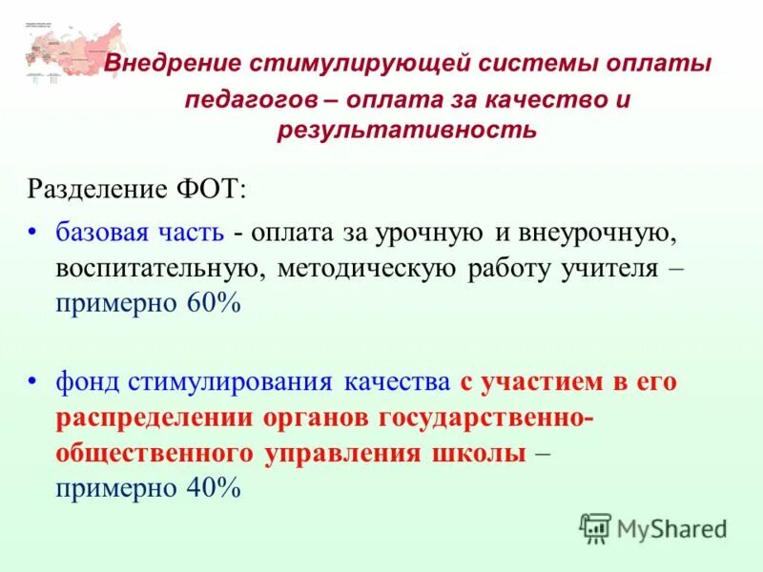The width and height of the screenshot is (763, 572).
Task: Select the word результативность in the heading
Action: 406,130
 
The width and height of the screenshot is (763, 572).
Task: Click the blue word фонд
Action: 83,383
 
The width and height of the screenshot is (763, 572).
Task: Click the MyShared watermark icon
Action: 595,528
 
